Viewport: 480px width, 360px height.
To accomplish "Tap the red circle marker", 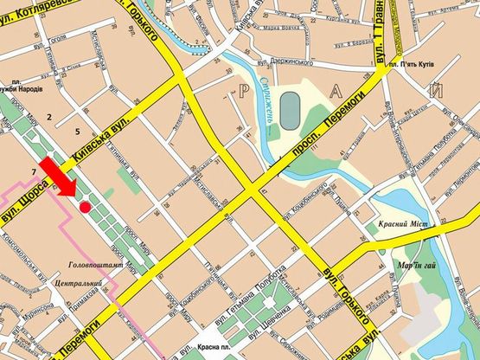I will [x=85, y=207].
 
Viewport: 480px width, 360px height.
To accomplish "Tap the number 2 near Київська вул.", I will [x=50, y=115].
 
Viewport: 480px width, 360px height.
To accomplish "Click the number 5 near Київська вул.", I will [x=77, y=132].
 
